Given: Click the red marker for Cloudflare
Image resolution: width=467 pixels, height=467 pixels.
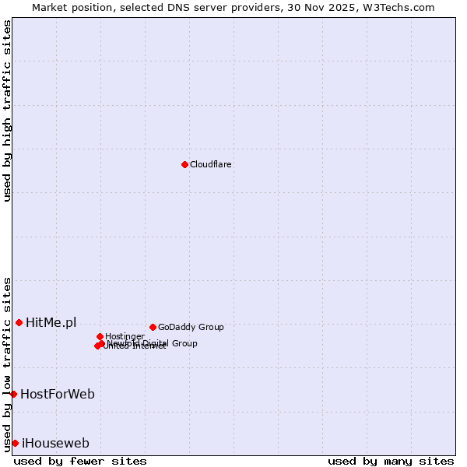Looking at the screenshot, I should [184, 164].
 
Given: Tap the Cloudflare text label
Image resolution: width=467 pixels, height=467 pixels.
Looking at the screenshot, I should [210, 164].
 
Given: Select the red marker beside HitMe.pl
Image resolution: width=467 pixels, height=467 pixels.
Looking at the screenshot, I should [19, 322].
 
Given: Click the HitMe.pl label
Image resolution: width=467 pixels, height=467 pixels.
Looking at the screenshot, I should [51, 322].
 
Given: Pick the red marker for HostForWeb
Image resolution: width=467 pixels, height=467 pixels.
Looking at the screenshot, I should [13, 394].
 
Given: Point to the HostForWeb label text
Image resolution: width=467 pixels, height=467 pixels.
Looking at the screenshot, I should [58, 394].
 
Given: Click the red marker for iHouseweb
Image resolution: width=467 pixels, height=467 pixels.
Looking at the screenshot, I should [15, 443].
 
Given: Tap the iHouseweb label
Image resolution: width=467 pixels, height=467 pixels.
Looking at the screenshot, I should [55, 444].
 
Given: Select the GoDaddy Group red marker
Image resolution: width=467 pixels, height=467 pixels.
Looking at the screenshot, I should [153, 327].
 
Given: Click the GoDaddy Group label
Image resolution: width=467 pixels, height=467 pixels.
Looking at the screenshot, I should [191, 327].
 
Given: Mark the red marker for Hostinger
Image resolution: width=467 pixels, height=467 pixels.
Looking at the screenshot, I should [100, 336].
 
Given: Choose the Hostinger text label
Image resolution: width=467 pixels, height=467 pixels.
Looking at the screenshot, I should [125, 336].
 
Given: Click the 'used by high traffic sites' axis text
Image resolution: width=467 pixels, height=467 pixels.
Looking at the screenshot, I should [7, 111].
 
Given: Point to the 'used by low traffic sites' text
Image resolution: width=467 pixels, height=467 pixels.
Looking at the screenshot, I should [7, 364].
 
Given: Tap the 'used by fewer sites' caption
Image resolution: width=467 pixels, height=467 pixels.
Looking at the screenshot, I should [80, 461].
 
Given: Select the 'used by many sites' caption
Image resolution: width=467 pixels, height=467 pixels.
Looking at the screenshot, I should [391, 461].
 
